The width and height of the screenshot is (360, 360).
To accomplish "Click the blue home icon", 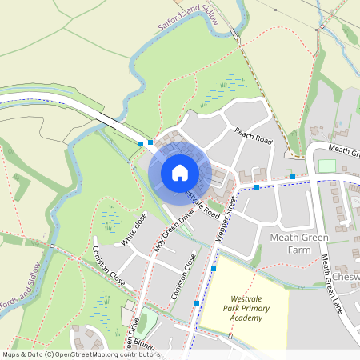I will pos(179,172).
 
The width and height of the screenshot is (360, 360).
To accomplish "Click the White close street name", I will pos(134,230).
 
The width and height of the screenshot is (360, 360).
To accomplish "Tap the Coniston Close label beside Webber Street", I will pos(184,277).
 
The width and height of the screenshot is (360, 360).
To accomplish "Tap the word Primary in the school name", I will pos(245,306).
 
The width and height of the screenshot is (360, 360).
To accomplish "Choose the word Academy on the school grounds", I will pos(246,318).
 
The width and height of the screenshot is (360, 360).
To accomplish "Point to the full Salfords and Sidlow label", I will pos(188,16).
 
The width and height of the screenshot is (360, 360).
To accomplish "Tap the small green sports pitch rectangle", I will pos(326,166).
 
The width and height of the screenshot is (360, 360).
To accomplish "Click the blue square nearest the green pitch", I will pos(293,176).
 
